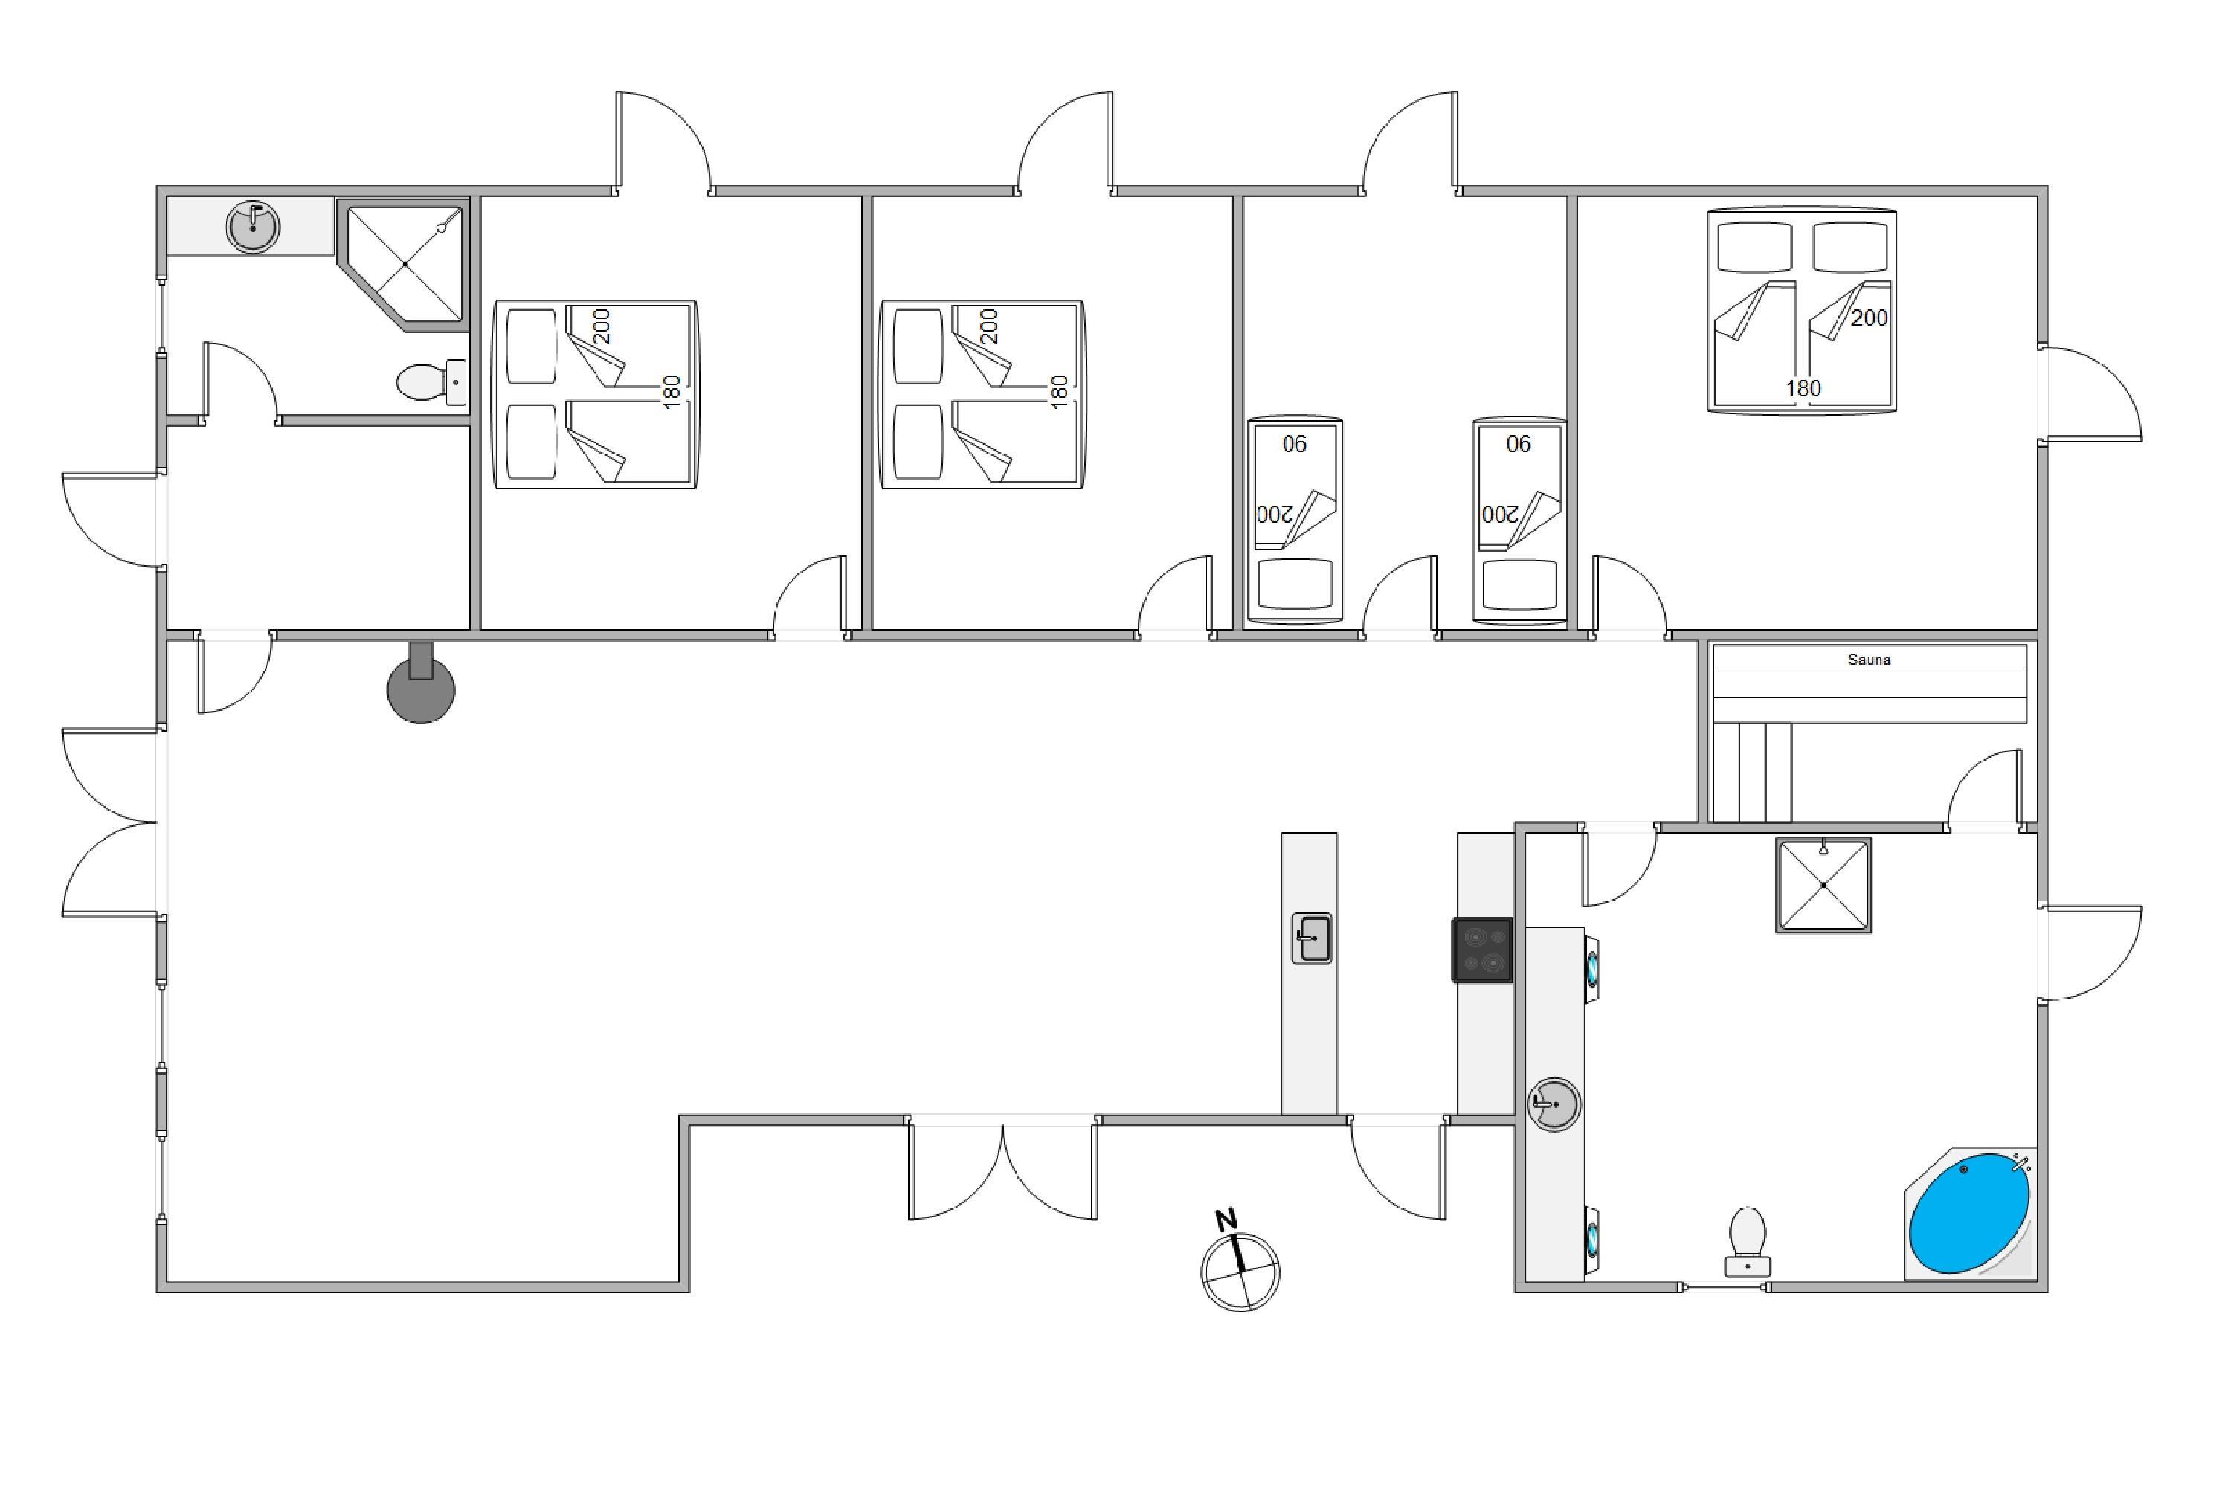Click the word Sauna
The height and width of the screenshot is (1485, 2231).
(1868, 659)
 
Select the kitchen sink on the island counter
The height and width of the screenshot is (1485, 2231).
(1312, 938)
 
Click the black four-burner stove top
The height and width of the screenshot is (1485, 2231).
(1482, 950)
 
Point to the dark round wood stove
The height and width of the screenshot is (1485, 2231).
(420, 684)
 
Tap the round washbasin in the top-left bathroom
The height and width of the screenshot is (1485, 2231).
(253, 226)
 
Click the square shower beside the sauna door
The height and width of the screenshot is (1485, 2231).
(1823, 886)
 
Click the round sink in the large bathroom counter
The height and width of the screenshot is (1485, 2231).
(1553, 1104)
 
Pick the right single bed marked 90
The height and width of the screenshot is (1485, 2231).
(1519, 519)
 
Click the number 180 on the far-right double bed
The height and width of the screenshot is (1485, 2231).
(1803, 388)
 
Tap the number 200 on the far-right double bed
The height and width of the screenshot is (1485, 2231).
(1870, 318)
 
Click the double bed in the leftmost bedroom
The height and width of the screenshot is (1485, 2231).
(596, 395)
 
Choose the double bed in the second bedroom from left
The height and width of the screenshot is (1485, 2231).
(982, 395)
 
